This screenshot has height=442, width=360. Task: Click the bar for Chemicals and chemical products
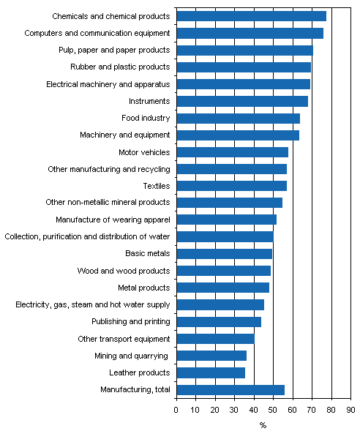251,16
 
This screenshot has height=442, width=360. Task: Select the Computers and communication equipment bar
250,33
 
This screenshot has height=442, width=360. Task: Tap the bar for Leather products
211,372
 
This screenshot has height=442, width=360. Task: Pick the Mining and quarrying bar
211,356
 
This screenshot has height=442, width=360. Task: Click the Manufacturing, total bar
230,389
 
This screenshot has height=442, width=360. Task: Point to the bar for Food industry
238,118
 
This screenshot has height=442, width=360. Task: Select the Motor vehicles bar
232,152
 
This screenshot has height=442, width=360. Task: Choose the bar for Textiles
231,186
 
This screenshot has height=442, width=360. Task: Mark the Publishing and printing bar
219,322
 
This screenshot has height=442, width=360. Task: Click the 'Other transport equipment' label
124,339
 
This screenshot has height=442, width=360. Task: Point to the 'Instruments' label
149,101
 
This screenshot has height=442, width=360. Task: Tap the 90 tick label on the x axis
350,409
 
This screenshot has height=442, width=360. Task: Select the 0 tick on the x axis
176,409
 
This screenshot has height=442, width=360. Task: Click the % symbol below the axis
263,425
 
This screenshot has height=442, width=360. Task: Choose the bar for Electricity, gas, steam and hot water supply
220,304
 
